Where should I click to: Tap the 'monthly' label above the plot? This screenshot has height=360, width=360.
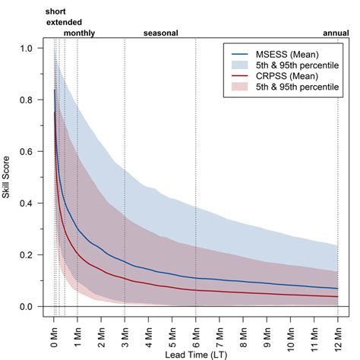(x=79, y=33)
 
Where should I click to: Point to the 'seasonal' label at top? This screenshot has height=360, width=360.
(x=160, y=33)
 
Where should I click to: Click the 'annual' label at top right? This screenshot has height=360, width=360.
(x=336, y=33)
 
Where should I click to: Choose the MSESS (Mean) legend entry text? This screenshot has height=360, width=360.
(x=286, y=55)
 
